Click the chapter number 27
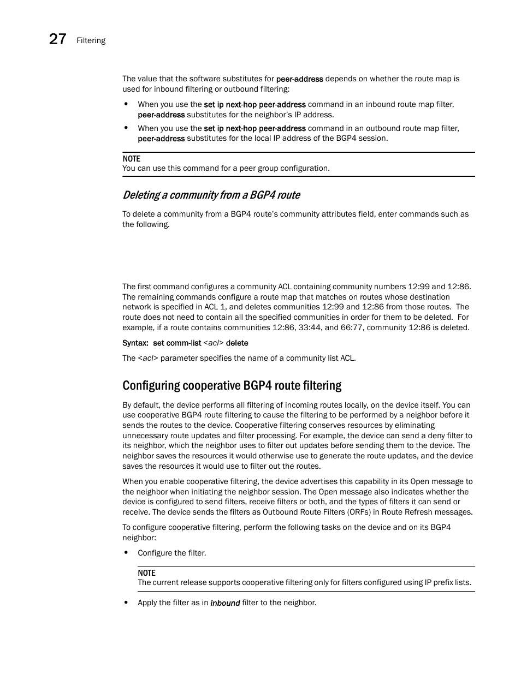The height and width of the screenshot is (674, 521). tap(57, 39)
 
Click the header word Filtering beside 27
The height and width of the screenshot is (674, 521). tap(91, 40)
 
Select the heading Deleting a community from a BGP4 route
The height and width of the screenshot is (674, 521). tap(211, 195)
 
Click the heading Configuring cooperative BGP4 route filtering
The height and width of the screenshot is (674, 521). tap(232, 385)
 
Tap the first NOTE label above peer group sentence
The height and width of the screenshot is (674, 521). tap(131, 159)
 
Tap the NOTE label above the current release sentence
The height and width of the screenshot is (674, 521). tap(146, 573)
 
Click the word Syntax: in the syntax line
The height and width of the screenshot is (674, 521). tap(135, 343)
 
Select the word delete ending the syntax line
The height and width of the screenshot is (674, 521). tap(236, 343)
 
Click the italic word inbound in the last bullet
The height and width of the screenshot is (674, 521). tap(225, 603)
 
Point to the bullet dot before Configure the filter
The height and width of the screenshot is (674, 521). tap(126, 553)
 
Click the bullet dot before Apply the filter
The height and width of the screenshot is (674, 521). tap(126, 603)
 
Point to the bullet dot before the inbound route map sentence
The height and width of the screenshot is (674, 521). tap(126, 104)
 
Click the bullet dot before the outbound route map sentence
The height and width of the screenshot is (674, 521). tap(126, 128)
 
